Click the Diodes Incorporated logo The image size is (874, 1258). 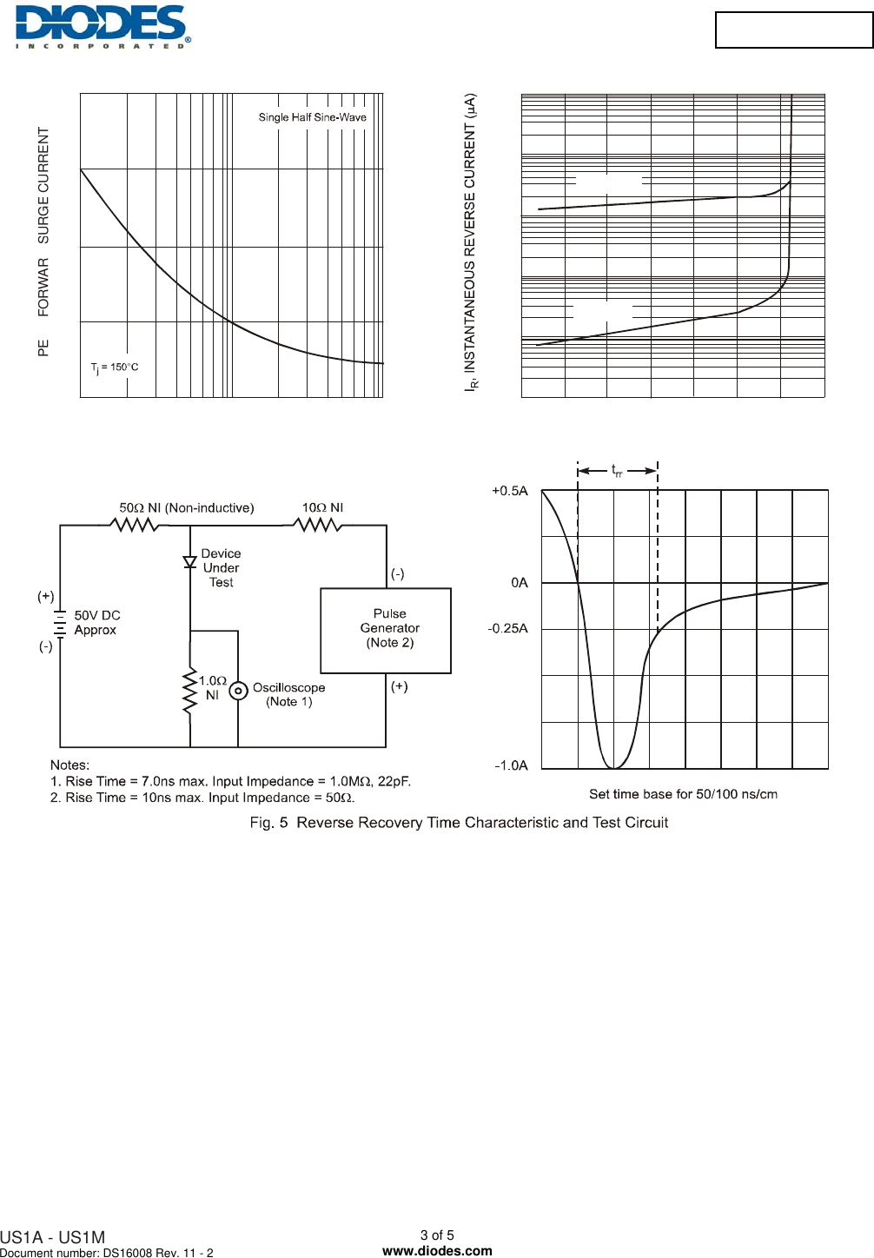click(102, 27)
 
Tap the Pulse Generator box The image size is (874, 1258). click(386, 630)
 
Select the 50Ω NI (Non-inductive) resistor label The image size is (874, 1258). click(186, 507)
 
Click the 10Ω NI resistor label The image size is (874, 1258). click(322, 507)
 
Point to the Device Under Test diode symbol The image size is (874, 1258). click(190, 562)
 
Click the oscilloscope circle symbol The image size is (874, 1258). click(238, 692)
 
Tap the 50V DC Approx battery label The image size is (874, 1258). click(96, 622)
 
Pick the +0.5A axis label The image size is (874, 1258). click(509, 491)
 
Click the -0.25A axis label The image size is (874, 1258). click(507, 628)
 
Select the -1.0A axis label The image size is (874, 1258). click(511, 765)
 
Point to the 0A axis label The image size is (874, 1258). click(519, 583)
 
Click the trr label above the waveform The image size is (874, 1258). click(617, 471)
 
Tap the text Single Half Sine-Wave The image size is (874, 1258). click(312, 117)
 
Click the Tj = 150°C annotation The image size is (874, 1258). click(115, 367)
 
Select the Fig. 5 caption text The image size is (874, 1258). click(459, 823)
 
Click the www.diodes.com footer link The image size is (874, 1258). click(437, 1251)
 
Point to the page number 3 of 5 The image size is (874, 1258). click(437, 1235)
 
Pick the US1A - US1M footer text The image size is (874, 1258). click(53, 1237)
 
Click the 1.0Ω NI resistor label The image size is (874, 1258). click(212, 687)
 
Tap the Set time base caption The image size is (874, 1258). click(683, 794)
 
